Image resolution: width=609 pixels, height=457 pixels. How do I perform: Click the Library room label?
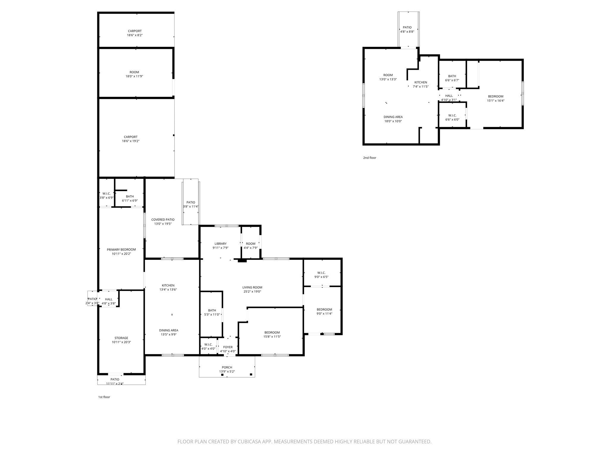(x=220, y=244)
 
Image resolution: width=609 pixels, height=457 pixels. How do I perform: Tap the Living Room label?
(x=252, y=287)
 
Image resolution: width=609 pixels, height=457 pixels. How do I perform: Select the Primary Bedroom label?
(x=121, y=250)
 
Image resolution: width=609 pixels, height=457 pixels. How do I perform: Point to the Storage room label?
(x=121, y=338)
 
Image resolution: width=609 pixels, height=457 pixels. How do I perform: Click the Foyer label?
(x=228, y=347)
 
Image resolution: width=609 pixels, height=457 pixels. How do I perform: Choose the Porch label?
(x=227, y=367)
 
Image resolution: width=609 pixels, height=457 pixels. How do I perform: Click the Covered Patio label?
(x=163, y=220)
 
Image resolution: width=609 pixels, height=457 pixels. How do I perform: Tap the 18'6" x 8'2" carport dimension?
(x=135, y=35)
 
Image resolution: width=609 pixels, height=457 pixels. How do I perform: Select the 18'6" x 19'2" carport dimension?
(x=131, y=141)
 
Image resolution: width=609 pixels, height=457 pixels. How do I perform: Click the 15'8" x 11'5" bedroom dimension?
(x=272, y=337)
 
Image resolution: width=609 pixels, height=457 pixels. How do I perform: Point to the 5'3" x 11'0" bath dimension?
(x=212, y=314)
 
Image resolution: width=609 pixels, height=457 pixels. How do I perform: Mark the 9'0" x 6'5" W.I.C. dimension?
(x=321, y=277)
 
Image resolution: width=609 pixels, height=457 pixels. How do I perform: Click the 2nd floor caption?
(x=370, y=158)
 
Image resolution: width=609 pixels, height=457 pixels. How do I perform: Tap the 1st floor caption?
(x=104, y=397)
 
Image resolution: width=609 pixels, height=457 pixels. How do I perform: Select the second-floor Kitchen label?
(x=421, y=82)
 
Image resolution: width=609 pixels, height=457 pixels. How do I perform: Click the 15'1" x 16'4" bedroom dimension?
(x=496, y=101)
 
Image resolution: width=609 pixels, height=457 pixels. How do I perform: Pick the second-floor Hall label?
(x=449, y=96)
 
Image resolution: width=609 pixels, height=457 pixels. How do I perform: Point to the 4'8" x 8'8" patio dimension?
(x=407, y=32)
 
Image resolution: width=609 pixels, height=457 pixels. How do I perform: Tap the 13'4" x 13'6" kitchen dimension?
(x=168, y=289)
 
